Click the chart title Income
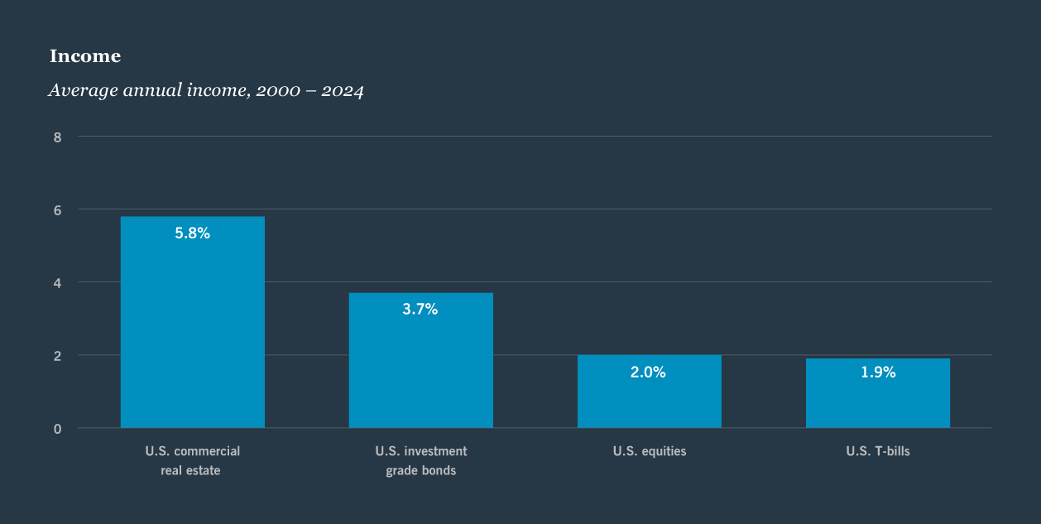(85, 56)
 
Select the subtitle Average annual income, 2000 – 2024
(206, 90)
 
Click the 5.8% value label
(193, 233)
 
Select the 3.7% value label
(420, 310)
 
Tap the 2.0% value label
(648, 373)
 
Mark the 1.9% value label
(878, 373)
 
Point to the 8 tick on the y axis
(57, 137)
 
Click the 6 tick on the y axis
(57, 209)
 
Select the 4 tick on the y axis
(57, 282)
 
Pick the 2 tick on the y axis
(57, 355)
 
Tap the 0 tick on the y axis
(57, 428)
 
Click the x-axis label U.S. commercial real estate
(193, 461)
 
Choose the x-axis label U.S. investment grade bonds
(420, 461)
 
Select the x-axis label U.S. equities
(650, 452)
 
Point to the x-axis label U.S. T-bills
(878, 452)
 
